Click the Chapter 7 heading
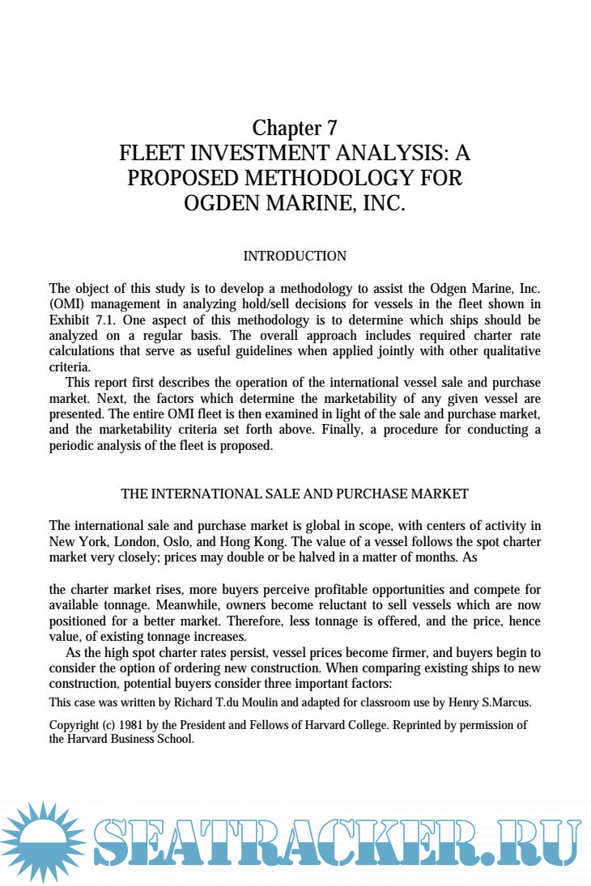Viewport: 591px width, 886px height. point(295,128)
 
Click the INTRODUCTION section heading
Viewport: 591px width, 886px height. point(295,256)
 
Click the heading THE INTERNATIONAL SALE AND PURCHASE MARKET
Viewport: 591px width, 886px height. point(295,494)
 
